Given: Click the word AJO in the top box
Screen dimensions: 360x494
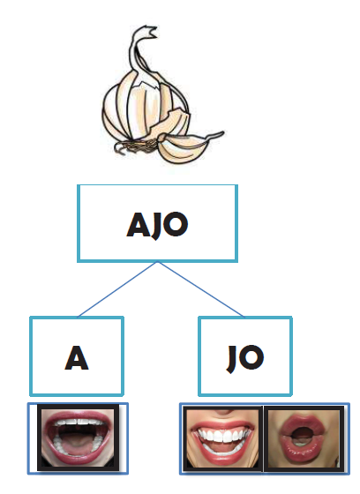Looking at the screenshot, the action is (x=157, y=224).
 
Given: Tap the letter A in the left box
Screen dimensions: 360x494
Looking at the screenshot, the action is (x=77, y=357).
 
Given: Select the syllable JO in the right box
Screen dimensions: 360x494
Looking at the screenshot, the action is (x=245, y=358).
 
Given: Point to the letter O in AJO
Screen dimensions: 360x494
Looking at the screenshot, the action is (x=175, y=224).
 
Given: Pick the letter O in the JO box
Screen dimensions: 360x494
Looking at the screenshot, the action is (x=251, y=357).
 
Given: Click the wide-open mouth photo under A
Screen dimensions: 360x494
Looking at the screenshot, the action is (x=78, y=438).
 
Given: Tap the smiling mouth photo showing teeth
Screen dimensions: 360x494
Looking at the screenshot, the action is (x=222, y=438).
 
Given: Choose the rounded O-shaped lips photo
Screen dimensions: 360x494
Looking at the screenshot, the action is (x=304, y=438).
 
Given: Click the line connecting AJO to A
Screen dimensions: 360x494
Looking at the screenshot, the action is (x=118, y=289).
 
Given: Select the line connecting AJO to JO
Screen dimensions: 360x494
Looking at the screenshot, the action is (x=201, y=289).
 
